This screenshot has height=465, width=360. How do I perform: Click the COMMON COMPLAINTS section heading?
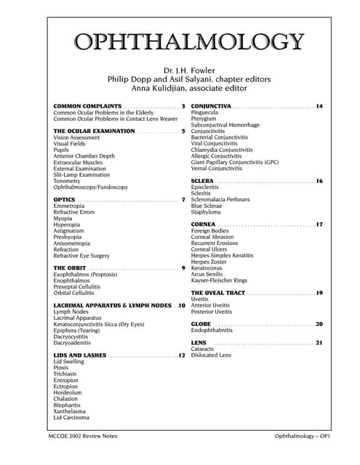(87, 107)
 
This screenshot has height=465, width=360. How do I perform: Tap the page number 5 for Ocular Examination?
(184, 131)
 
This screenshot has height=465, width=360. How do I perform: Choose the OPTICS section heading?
(65, 179)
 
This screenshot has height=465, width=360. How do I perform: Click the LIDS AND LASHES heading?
(80, 355)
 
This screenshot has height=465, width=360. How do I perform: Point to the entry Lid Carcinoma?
(71, 418)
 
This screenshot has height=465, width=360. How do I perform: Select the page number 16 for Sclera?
(319, 180)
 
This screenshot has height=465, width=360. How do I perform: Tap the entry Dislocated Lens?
(211, 355)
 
